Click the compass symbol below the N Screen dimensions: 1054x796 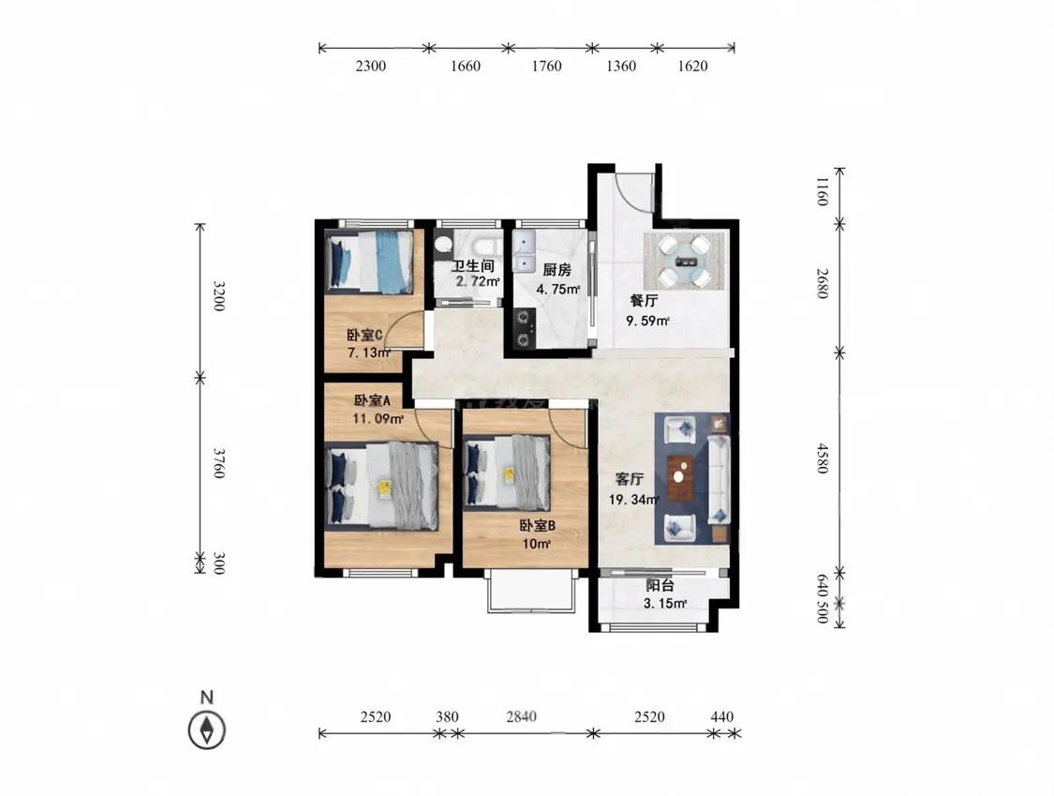pyautogui.click(x=207, y=730)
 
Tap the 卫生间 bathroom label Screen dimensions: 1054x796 pyautogui.click(x=472, y=266)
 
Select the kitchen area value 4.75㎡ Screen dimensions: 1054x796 pyautogui.click(x=558, y=290)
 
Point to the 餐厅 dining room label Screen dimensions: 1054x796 pyautogui.click(x=644, y=300)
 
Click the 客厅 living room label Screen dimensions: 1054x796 pyautogui.click(x=630, y=480)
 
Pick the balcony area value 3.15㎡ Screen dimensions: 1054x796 pyautogui.click(x=665, y=604)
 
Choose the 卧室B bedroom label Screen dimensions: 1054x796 pyautogui.click(x=537, y=525)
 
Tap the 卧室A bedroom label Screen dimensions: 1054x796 pyautogui.click(x=372, y=401)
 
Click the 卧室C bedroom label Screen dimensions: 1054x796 pyautogui.click(x=365, y=335)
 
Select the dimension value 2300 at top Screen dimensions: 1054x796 pyautogui.click(x=371, y=66)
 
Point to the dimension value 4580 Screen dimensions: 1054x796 pyautogui.click(x=823, y=458)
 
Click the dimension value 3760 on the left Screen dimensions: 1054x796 pyautogui.click(x=218, y=463)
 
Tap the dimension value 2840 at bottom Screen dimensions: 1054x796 pyautogui.click(x=522, y=716)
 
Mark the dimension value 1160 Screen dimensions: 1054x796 pyautogui.click(x=823, y=191)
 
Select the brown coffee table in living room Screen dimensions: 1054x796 pyautogui.click(x=681, y=477)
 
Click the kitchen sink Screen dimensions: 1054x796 pyautogui.click(x=524, y=251)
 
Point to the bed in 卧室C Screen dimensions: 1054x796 pyautogui.click(x=369, y=262)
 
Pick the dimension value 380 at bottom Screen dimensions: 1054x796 pyautogui.click(x=447, y=716)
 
